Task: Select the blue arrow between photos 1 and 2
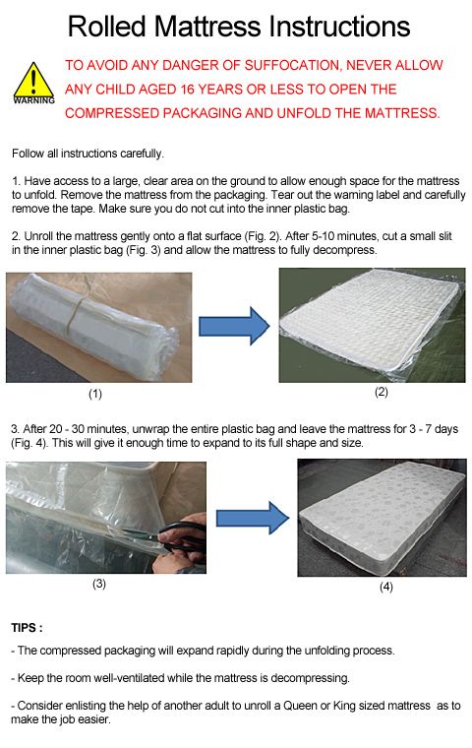click(233, 325)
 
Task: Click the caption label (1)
click(95, 394)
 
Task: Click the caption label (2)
click(381, 392)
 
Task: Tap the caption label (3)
click(99, 583)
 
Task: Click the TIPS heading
click(27, 627)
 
